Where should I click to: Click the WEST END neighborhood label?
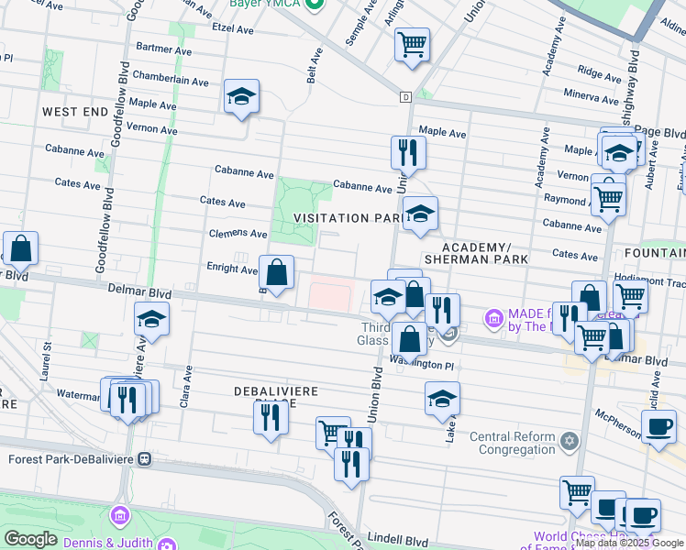75,111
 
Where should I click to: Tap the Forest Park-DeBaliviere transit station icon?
144,458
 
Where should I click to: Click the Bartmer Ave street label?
162,47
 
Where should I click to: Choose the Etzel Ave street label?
232,28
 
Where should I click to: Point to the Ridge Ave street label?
601,71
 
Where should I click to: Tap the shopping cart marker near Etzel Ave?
413,43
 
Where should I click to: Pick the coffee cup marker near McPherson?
658,426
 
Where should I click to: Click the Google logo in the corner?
30,540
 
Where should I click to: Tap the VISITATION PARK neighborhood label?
346,218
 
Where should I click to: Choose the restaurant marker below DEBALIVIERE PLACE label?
271,417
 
